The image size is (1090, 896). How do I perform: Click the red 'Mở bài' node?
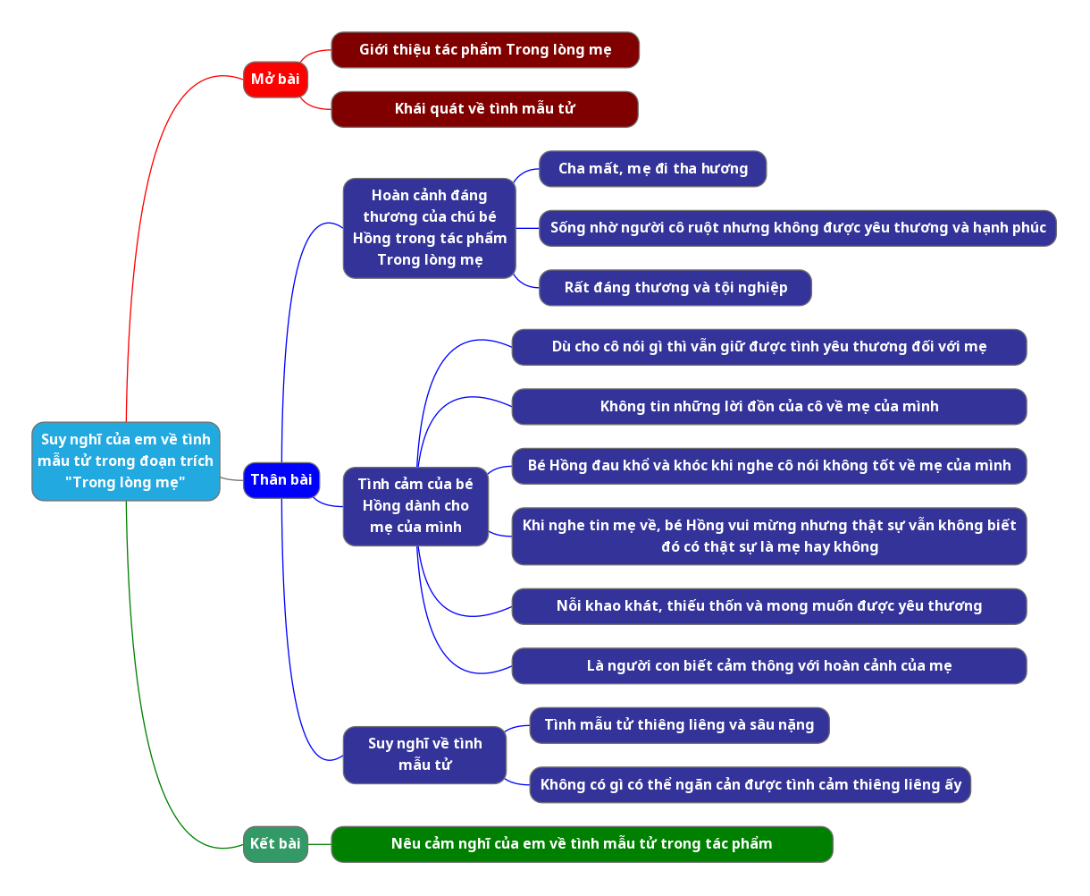click(x=275, y=80)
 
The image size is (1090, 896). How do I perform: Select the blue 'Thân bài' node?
click(x=281, y=480)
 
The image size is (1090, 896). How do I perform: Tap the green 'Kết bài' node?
click(x=275, y=844)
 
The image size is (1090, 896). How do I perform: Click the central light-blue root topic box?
click(x=125, y=461)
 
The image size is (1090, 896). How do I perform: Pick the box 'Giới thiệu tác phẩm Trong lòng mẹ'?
click(x=485, y=50)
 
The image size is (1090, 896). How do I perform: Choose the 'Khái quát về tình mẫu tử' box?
click(x=484, y=109)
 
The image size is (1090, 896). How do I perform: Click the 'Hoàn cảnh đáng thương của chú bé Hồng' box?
click(x=429, y=228)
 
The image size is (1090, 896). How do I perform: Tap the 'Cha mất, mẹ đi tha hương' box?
click(x=652, y=169)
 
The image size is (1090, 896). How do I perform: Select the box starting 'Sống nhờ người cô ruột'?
click(x=797, y=228)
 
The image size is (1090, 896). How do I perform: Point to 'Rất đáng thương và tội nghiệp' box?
click(x=675, y=288)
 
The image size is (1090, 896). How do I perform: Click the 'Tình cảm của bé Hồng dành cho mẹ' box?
click(x=415, y=506)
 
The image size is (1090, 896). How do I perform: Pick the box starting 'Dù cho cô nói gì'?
click(x=768, y=347)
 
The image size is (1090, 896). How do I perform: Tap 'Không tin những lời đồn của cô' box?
click(x=768, y=407)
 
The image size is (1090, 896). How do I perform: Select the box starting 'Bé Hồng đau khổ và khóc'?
click(x=768, y=466)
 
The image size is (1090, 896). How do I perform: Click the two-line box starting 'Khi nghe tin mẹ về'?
click(x=768, y=537)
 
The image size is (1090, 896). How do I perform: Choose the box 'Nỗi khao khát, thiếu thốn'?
click(x=768, y=606)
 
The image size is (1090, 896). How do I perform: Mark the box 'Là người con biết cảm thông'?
click(x=768, y=666)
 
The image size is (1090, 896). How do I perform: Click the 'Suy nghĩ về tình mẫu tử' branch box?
click(x=424, y=755)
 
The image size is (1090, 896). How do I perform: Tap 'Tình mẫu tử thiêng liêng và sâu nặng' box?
click(x=679, y=725)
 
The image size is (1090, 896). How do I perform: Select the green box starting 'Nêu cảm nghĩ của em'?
click(x=582, y=844)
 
